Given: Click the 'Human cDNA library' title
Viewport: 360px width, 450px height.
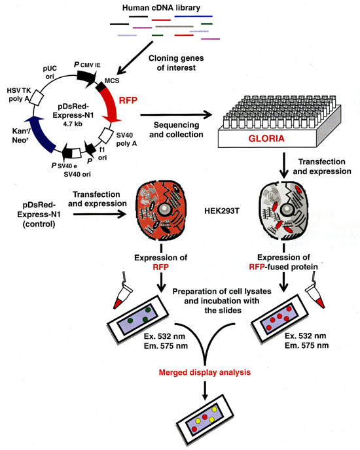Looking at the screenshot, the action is tap(161, 7).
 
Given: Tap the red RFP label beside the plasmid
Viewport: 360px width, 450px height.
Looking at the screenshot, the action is tap(128, 101).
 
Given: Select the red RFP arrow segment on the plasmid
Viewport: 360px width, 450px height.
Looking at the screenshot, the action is tap(111, 104).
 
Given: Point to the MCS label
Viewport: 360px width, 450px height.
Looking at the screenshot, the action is tap(112, 80).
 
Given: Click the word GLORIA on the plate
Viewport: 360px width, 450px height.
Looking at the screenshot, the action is tap(266, 139).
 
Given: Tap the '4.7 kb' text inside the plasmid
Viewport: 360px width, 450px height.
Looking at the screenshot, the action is tap(73, 124).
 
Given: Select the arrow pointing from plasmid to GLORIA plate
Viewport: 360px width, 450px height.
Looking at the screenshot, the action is tap(176, 115).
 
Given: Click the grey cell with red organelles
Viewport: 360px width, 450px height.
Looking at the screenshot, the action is tap(283, 211).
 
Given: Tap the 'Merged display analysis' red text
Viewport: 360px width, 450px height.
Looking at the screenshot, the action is tap(205, 373).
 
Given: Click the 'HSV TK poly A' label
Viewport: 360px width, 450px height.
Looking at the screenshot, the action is tap(19, 95).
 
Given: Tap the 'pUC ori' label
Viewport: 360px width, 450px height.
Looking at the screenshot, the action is tap(50, 73).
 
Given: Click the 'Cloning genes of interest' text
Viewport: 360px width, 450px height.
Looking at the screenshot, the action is tap(176, 63).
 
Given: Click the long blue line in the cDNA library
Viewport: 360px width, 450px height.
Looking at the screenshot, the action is tap(193, 16).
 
